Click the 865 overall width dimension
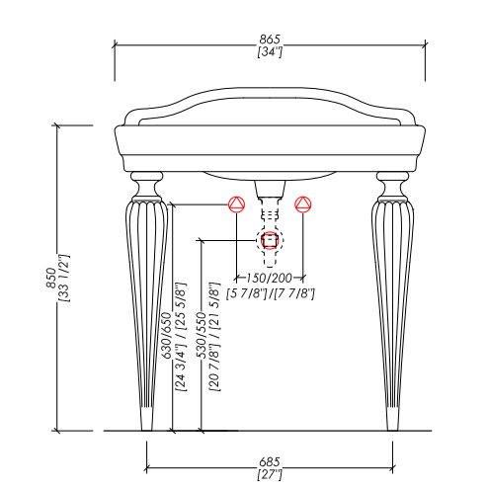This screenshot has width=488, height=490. coord(270,40)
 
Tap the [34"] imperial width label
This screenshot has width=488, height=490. coord(270,51)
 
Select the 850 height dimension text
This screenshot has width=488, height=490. coord(51,278)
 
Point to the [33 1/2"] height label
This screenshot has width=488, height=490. coord(64,278)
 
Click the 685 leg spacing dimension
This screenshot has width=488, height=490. coord(270,461)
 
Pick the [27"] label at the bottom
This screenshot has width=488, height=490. coord(270,474)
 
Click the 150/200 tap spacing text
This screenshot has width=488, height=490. coord(270,278)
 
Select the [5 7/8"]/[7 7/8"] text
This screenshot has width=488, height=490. coord(271,293)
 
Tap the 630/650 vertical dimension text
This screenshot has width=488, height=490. coord(167,335)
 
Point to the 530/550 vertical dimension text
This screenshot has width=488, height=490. coord(201,335)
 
